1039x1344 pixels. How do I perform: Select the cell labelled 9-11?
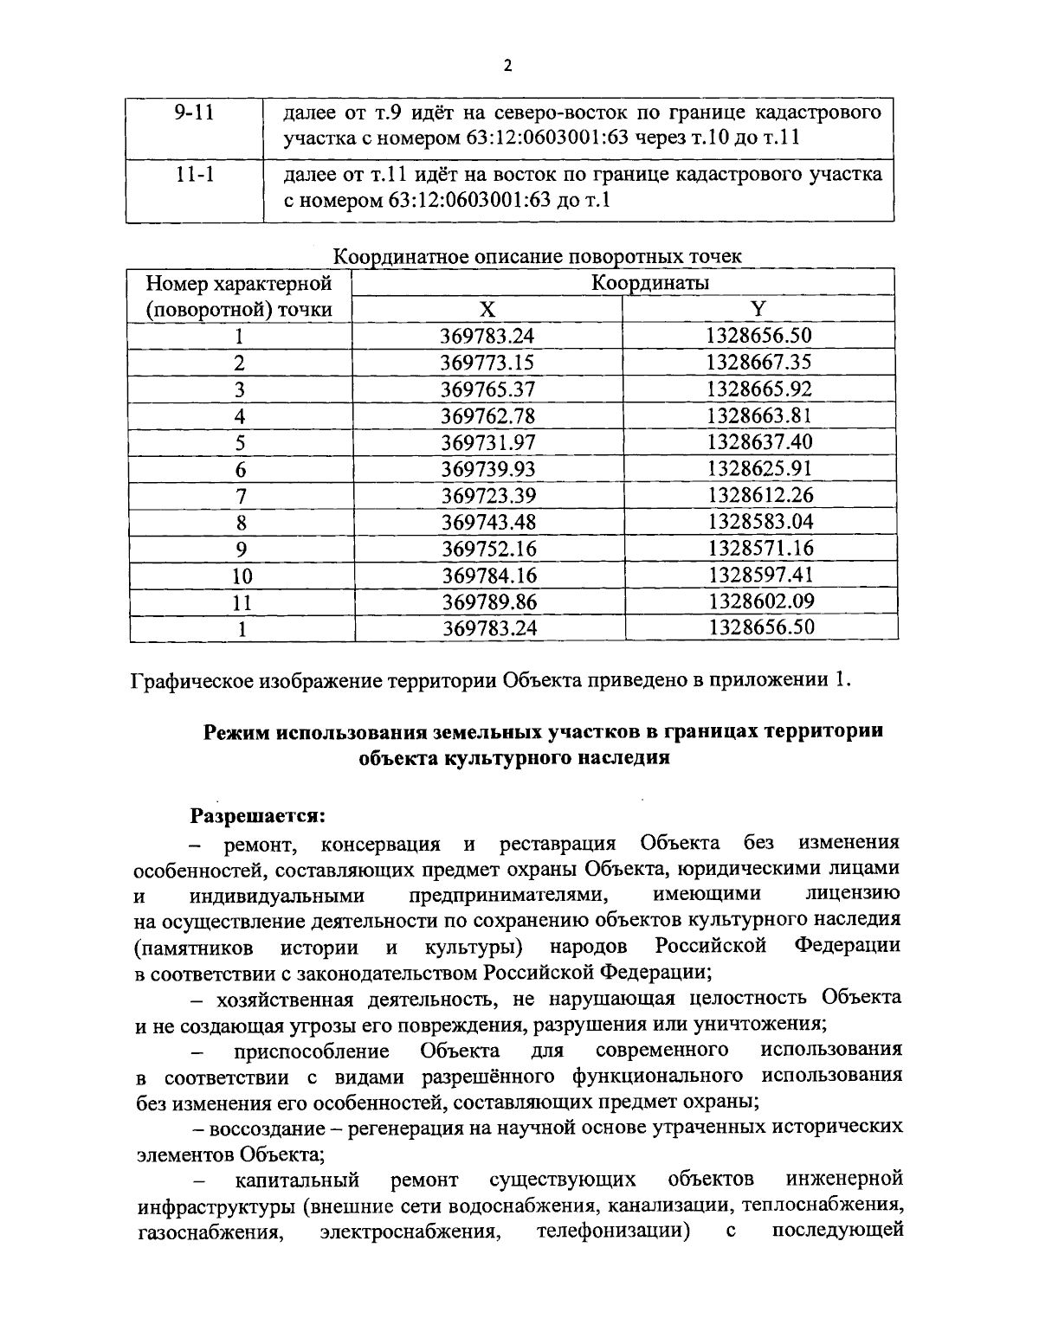[193, 113]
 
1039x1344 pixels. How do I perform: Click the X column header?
[487, 309]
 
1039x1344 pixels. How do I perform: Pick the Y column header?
[758, 309]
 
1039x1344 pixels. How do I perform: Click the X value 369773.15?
[488, 363]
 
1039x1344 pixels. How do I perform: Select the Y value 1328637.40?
[759, 442]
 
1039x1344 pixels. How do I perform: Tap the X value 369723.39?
[488, 496]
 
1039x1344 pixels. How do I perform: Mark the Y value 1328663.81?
[759, 415]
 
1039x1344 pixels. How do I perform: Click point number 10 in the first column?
[241, 576]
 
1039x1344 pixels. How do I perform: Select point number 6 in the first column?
[241, 469]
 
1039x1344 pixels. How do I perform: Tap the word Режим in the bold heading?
[237, 732]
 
